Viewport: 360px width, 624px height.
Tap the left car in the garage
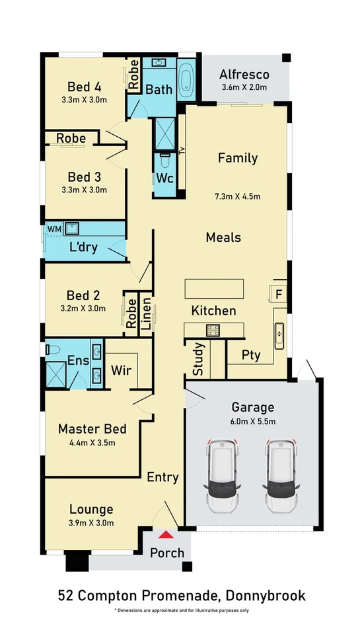tap(222, 476)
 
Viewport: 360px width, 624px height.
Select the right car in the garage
tap(281, 476)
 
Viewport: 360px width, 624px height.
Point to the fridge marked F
tap(279, 295)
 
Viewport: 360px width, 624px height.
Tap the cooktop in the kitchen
tap(213, 330)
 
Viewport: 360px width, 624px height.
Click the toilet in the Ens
tap(52, 350)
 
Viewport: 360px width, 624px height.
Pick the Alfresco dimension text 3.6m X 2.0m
tap(244, 87)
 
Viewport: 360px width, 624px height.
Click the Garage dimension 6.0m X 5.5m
tap(253, 421)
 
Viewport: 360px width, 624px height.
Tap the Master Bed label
tap(92, 428)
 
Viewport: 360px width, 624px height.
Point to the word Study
tap(198, 359)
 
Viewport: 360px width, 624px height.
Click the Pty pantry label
tap(252, 355)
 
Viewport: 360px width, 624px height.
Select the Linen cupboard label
tap(146, 314)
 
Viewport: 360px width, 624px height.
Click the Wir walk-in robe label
tap(121, 370)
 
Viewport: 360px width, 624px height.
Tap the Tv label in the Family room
tap(182, 151)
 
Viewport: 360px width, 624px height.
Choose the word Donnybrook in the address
tap(266, 596)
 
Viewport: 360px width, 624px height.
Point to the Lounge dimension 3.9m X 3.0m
tap(91, 522)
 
